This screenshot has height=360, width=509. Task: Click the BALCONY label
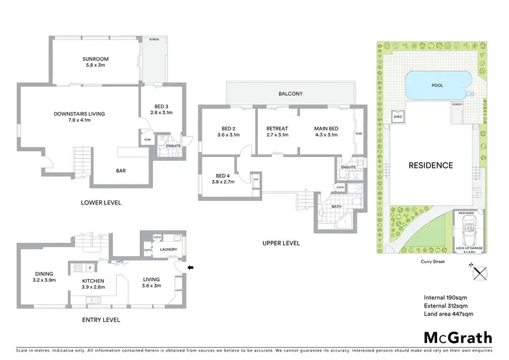pos(290,94)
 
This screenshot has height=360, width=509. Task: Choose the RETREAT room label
pos(277,128)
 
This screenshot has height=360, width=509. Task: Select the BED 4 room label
pos(217,178)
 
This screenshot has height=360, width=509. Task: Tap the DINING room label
pos(44,276)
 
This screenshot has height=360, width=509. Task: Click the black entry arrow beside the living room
pos(191,268)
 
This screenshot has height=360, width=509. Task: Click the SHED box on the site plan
pos(398,116)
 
